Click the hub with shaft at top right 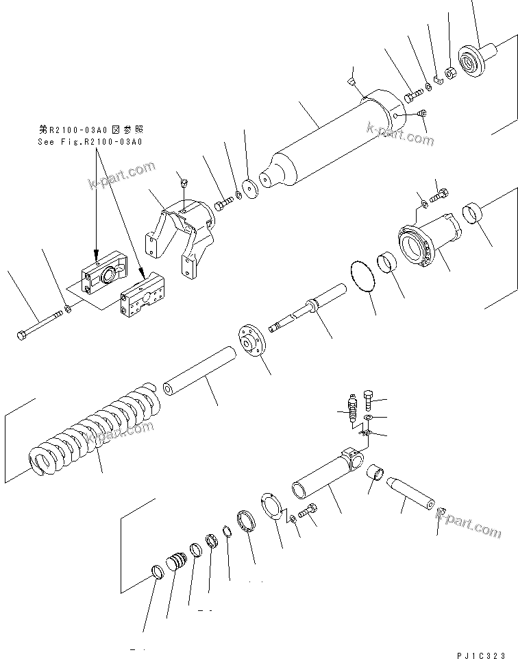476,60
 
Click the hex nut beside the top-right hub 451,71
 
